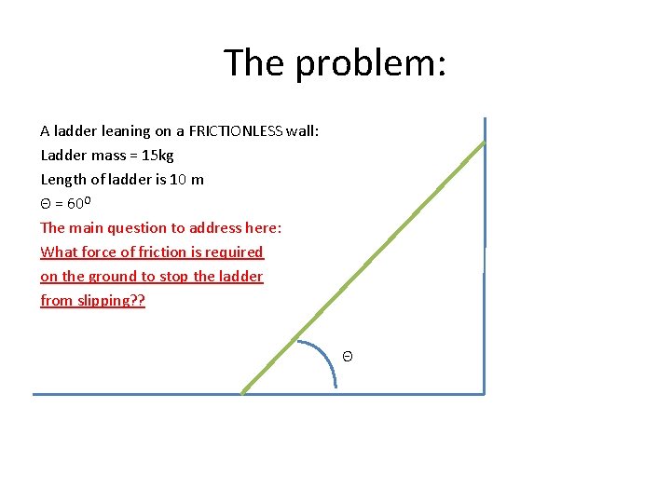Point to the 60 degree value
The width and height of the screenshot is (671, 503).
pyautogui.click(x=79, y=203)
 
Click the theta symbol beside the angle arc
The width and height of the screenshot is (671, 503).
pyautogui.click(x=347, y=357)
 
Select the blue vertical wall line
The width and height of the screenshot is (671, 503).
pyautogui.click(x=485, y=279)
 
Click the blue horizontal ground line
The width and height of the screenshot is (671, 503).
pyautogui.click(x=140, y=394)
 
